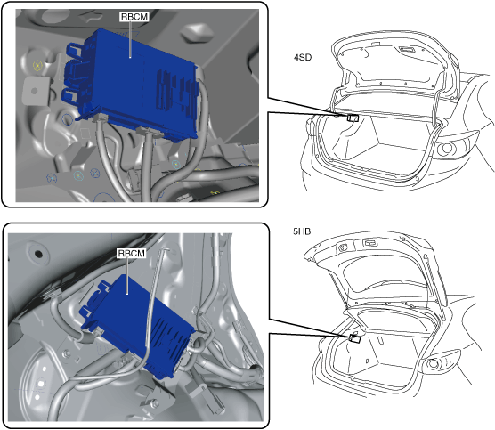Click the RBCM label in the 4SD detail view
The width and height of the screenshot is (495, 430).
(134, 17)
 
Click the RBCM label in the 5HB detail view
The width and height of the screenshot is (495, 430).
(132, 253)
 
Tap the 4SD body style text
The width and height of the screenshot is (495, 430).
(303, 58)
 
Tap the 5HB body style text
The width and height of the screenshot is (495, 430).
(302, 231)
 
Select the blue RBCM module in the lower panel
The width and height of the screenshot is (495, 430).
(139, 325)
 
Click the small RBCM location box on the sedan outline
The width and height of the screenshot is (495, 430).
(353, 118)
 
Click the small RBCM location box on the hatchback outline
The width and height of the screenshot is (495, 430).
(355, 338)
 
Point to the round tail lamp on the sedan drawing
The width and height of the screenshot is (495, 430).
(445, 148)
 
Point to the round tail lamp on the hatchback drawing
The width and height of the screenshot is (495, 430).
(434, 364)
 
